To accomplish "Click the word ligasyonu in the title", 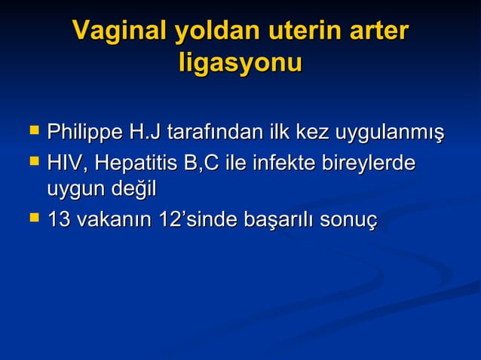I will (x=240, y=63).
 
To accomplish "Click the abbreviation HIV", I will (x=63, y=163).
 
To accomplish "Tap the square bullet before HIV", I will (x=32, y=160).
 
